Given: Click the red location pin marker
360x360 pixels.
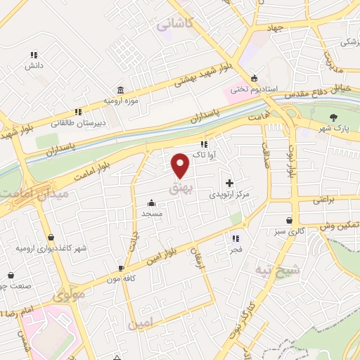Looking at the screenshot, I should (181, 166).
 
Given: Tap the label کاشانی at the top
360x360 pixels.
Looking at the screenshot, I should (174, 24).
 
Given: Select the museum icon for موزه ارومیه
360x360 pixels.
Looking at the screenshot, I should (122, 91).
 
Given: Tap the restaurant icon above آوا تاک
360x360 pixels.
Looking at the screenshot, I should (204, 144).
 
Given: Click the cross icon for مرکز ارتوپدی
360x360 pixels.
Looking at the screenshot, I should (229, 182).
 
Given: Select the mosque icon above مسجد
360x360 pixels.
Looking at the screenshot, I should (153, 202).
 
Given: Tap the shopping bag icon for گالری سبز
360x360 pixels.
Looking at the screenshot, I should (289, 220).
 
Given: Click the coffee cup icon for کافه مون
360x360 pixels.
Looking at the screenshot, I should (122, 268).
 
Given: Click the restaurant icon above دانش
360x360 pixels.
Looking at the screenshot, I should (32, 55).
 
